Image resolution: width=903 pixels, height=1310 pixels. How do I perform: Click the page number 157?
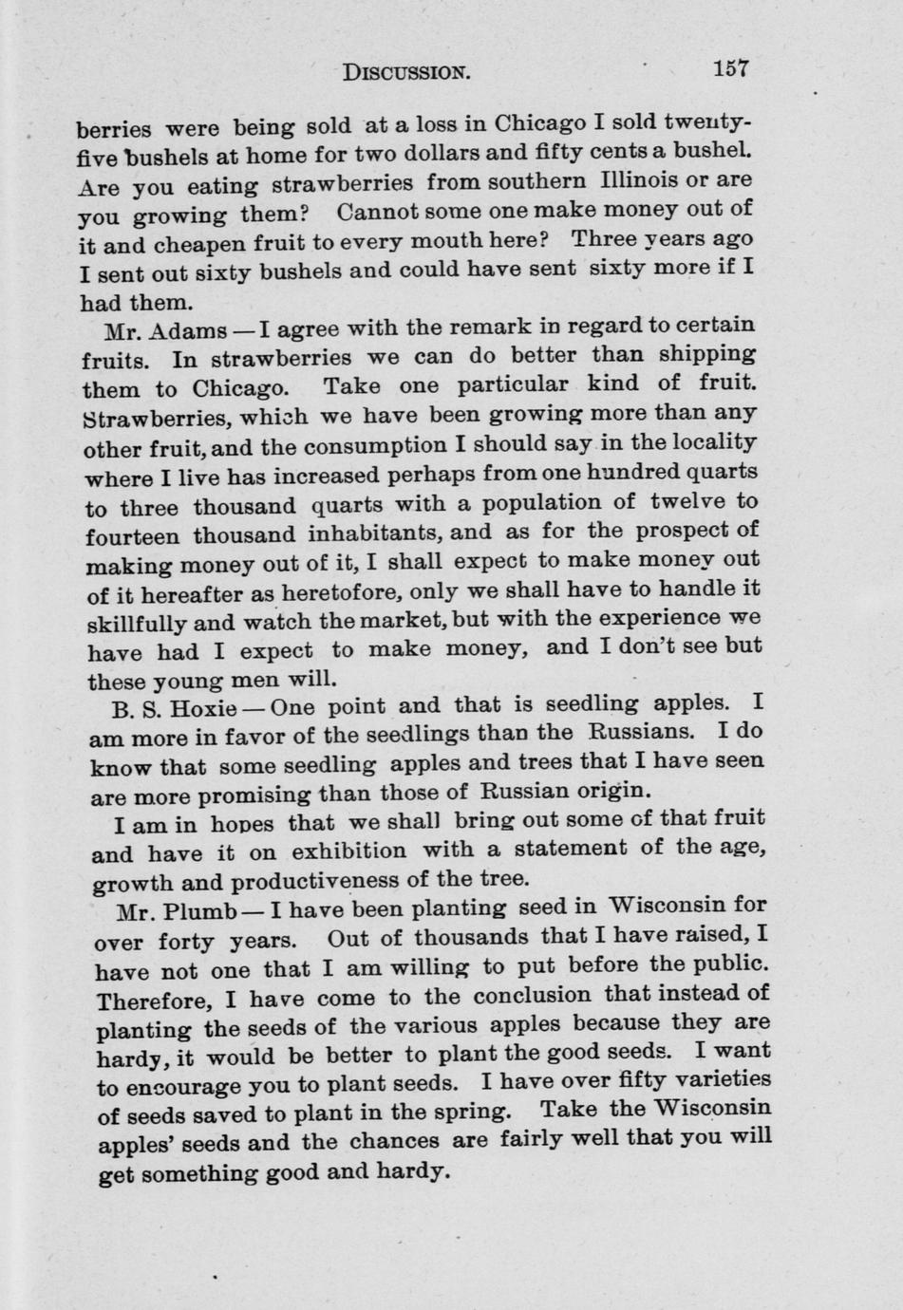click(x=731, y=68)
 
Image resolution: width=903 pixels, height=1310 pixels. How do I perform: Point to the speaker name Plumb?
click(x=200, y=911)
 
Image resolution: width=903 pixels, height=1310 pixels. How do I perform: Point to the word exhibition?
click(x=348, y=851)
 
